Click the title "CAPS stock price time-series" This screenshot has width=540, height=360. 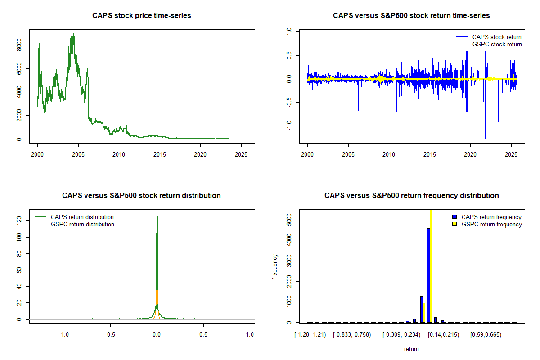142,16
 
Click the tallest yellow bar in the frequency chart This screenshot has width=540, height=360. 431,265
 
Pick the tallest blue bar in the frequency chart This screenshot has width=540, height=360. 428,274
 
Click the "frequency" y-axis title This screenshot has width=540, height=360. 275,267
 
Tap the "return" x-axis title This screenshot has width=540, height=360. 411,349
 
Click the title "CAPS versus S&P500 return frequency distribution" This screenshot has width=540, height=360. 412,196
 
